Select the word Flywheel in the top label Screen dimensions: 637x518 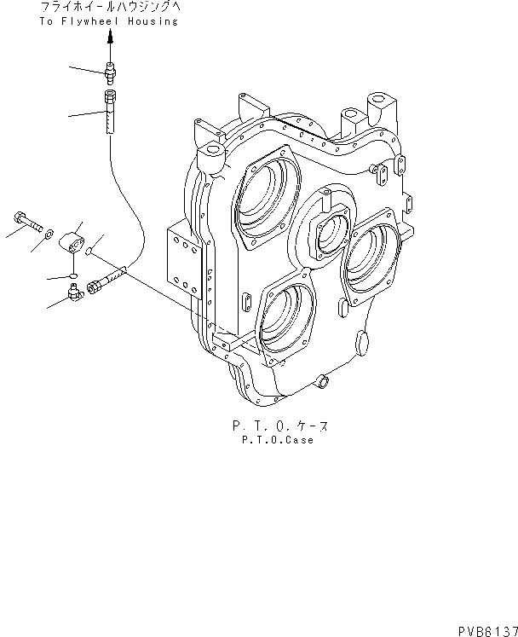tap(88, 21)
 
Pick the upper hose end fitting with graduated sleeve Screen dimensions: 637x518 tap(109, 111)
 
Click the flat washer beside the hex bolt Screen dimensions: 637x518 tap(51, 232)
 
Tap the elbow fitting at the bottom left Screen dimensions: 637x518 tap(74, 295)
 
